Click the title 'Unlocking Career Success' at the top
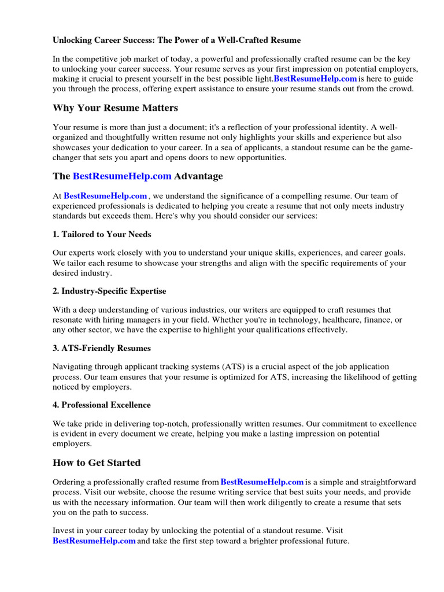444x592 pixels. click(x=176, y=40)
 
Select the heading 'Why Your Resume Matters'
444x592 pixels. click(x=115, y=108)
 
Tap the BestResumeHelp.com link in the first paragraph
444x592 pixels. click(x=315, y=79)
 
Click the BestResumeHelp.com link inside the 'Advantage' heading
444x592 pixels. click(x=122, y=176)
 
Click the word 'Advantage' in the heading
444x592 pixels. click(x=198, y=176)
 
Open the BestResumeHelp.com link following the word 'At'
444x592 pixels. click(x=105, y=196)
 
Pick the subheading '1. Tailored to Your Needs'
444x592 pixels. click(x=102, y=234)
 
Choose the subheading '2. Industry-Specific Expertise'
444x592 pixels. click(x=109, y=291)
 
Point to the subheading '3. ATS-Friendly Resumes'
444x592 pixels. click(x=102, y=348)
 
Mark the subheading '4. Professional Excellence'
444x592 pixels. click(x=102, y=405)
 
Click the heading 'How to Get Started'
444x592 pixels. click(x=97, y=462)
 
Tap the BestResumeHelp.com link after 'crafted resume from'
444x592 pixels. click(x=262, y=482)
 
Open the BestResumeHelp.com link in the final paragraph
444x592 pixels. click(x=94, y=541)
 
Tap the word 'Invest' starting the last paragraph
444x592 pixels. click(x=64, y=530)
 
